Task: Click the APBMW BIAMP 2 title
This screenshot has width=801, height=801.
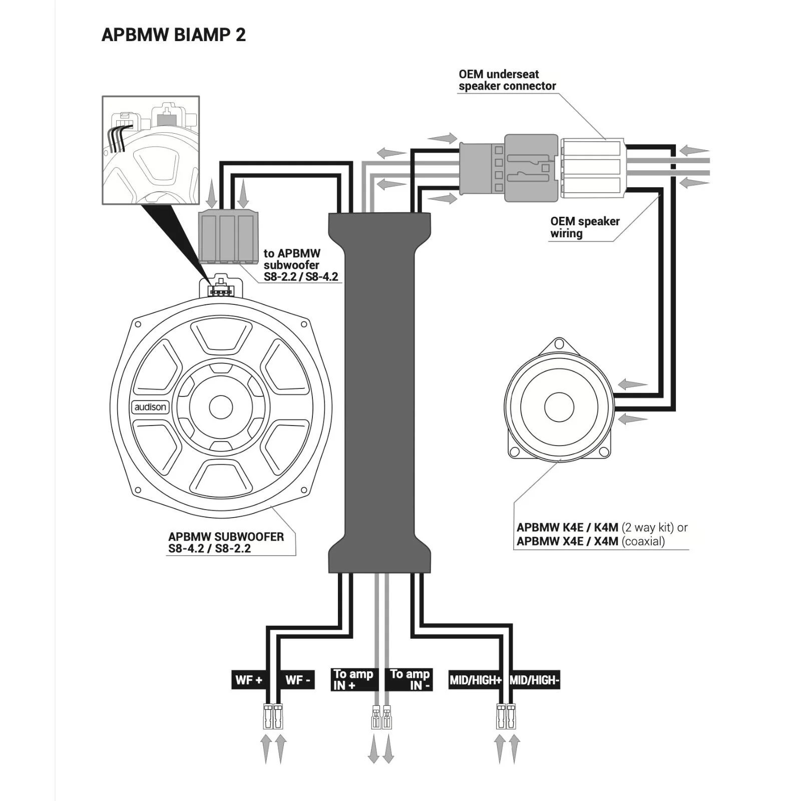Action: point(173,35)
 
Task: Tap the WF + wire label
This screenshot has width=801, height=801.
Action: point(248,680)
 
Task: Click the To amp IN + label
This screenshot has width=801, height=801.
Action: point(353,680)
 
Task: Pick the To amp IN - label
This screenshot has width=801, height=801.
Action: point(410,680)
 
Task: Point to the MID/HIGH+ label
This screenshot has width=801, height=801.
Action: point(475,680)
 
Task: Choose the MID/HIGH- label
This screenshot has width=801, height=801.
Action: point(534,680)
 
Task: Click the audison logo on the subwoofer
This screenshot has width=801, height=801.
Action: point(150,407)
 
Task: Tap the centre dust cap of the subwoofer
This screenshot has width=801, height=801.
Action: point(221,408)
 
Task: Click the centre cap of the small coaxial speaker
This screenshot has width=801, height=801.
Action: point(559,407)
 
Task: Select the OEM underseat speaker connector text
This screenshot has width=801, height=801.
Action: point(507,80)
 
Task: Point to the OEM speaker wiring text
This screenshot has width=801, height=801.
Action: point(585,227)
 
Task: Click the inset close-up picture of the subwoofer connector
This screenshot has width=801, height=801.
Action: point(151,150)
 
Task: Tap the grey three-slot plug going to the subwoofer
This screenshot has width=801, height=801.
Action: point(228,237)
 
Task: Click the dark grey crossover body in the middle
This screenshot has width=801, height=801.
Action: point(379,393)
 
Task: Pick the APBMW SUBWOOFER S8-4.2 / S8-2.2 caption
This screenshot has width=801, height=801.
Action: point(226,542)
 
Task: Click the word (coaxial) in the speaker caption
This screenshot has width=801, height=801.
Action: point(643,541)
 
